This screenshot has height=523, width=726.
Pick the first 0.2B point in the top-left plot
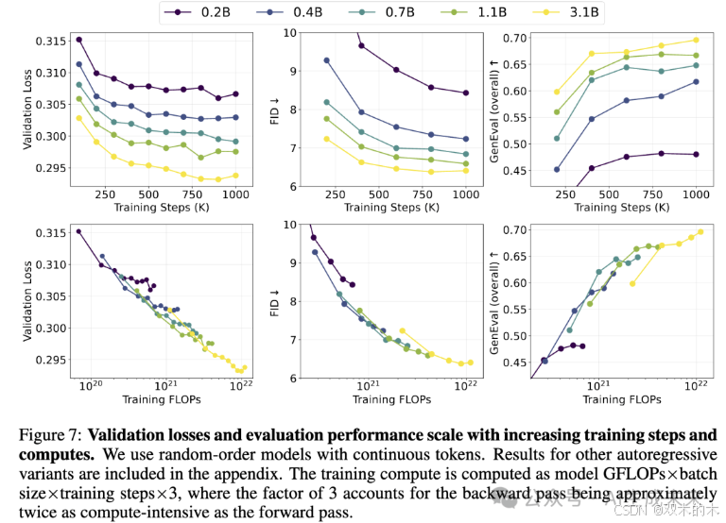click(78, 40)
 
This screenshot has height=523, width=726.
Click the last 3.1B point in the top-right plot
click(696, 40)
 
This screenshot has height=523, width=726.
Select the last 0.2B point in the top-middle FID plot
click(465, 93)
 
